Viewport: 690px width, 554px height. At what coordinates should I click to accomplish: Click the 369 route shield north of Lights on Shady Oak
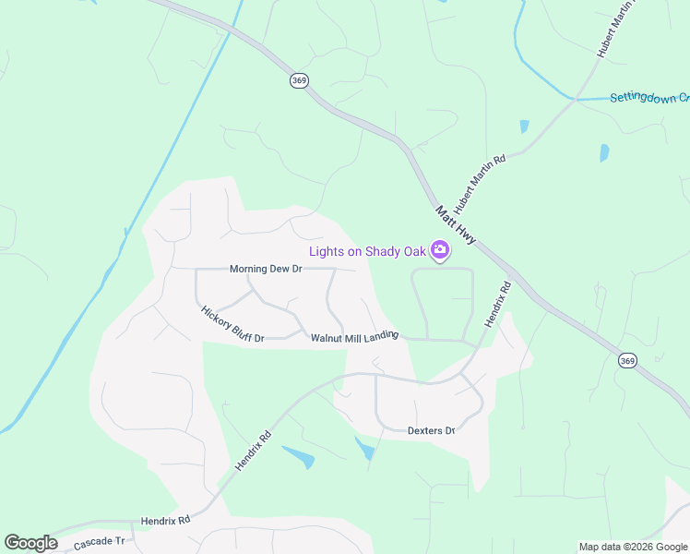coord(299,81)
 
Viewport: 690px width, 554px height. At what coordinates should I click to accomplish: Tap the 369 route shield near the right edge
coord(627,360)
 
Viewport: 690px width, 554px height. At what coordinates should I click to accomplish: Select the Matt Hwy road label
coord(456,225)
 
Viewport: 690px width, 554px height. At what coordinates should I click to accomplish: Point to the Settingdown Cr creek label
coord(649,98)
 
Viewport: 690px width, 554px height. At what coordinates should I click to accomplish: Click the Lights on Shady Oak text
coord(367,251)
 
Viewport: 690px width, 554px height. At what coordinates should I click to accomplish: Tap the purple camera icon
coord(440,250)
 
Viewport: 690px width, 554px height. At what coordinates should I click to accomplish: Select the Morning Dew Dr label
coord(266,269)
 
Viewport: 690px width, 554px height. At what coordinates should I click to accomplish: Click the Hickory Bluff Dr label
coord(232,324)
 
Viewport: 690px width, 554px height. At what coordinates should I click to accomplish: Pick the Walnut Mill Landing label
coord(354,337)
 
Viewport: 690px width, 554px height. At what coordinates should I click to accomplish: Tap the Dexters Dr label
coord(431,430)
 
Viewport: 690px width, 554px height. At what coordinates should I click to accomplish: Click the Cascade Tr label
coord(99,541)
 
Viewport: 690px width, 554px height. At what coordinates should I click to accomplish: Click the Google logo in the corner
coord(30,543)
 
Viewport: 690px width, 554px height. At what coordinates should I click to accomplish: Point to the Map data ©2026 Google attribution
coord(633,547)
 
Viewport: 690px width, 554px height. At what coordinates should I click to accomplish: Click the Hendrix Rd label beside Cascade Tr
coord(165,521)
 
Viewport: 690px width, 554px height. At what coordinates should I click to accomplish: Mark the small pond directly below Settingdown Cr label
coord(605,152)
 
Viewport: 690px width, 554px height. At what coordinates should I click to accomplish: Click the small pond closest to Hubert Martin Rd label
coord(524,126)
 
